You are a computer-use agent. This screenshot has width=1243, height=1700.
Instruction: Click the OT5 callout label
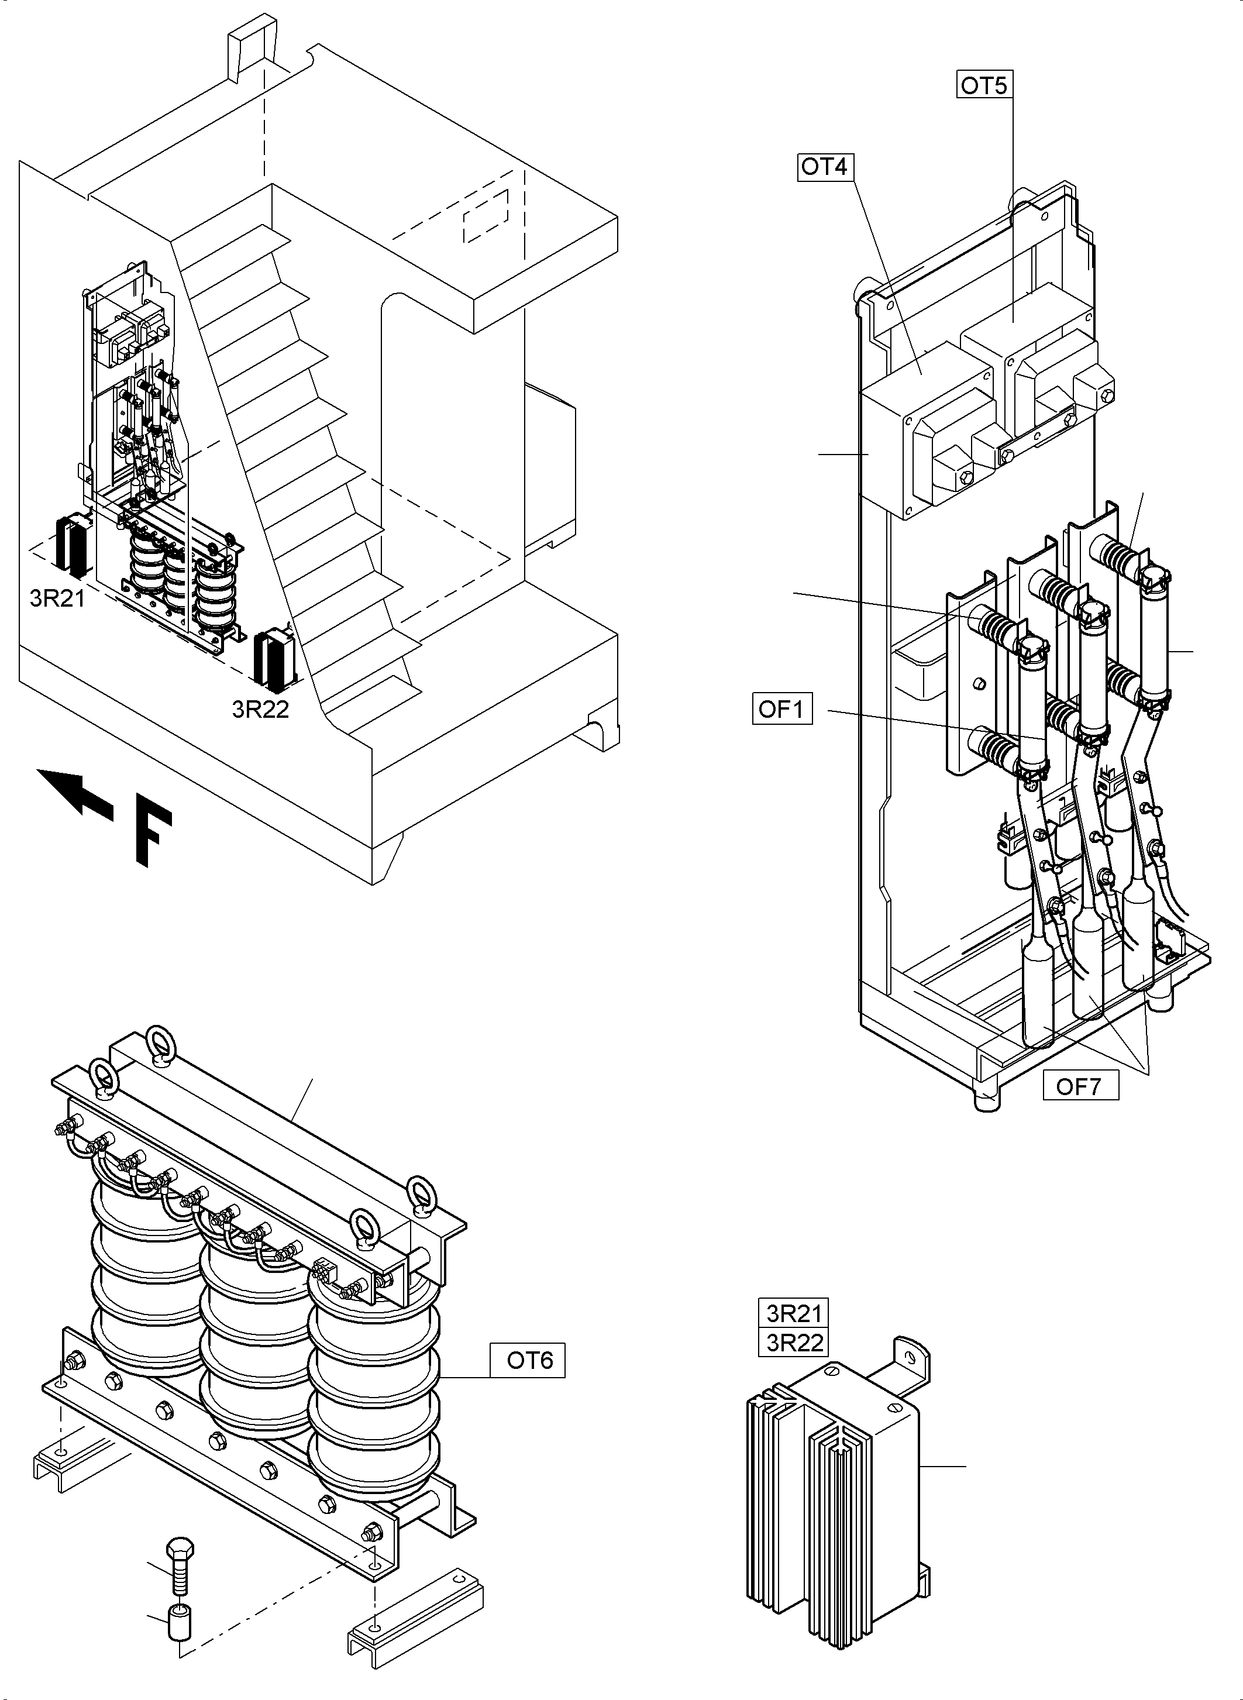pyautogui.click(x=983, y=86)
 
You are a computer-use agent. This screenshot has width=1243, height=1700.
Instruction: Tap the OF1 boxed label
pyautogui.click(x=781, y=709)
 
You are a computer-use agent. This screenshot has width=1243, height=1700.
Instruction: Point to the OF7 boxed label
pyautogui.click(x=1080, y=1086)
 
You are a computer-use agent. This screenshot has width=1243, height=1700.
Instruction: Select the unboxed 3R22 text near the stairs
pyautogui.click(x=260, y=709)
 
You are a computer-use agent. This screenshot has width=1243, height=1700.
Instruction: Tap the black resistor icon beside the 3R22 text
pyautogui.click(x=276, y=660)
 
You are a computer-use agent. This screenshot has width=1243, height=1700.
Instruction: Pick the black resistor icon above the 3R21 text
pyautogui.click(x=72, y=543)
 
